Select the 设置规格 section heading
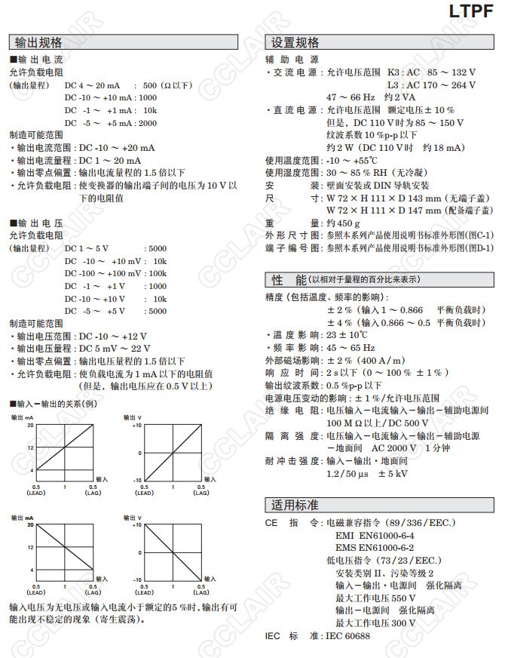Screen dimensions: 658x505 click(295, 42)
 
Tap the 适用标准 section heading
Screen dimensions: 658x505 click(295, 505)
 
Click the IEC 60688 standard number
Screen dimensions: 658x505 click(347, 636)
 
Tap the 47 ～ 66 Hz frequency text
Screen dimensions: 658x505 click(353, 97)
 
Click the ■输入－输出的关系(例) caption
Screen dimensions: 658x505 click(54, 404)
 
